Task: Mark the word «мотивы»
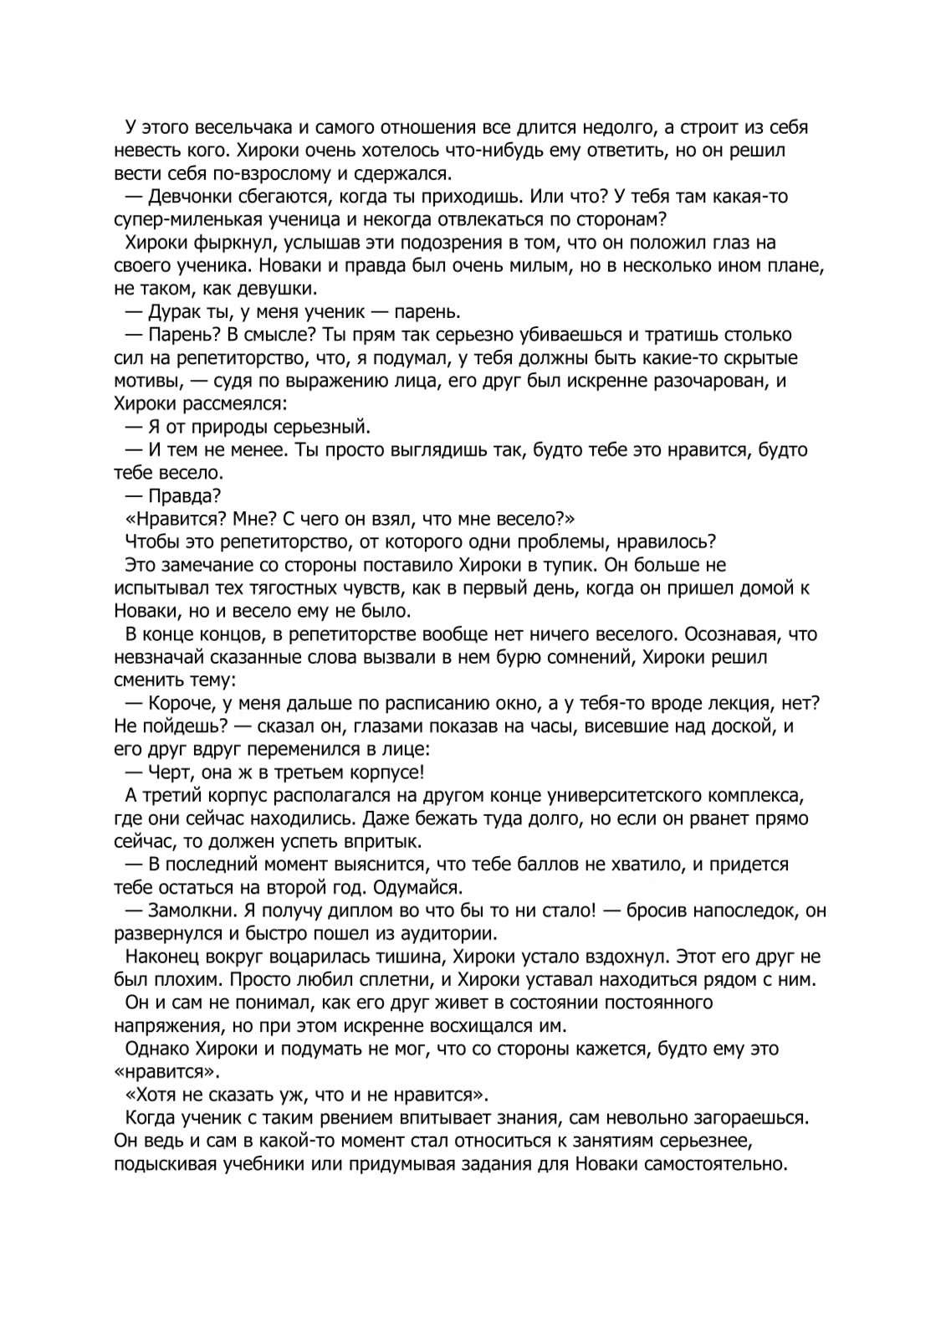[x=146, y=381]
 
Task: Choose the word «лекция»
[x=734, y=703]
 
